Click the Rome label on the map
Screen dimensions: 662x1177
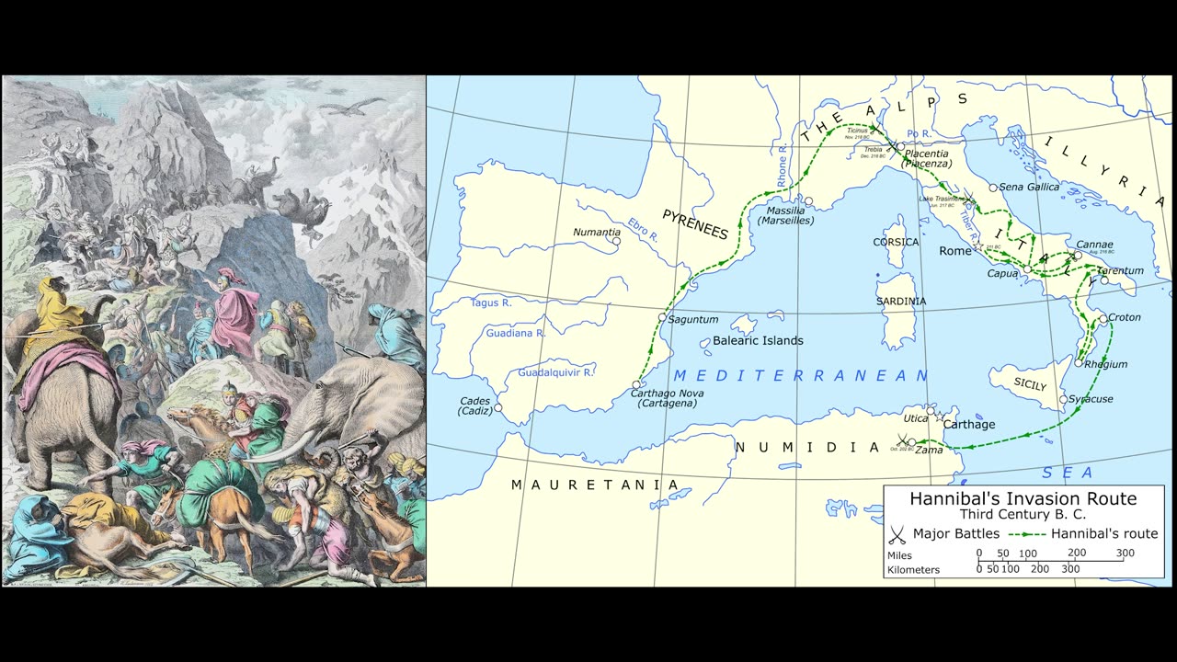click(x=955, y=251)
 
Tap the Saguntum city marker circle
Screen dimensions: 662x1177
click(x=662, y=317)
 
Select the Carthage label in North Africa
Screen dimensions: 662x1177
click(x=968, y=425)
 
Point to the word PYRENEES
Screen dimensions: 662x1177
click(x=695, y=225)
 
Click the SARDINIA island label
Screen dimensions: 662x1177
click(x=901, y=302)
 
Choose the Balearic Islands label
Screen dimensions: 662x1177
click(x=758, y=341)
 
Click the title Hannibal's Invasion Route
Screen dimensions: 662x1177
click(x=1023, y=499)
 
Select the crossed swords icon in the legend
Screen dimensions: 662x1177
click(x=898, y=534)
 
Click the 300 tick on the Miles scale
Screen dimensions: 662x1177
click(x=1125, y=554)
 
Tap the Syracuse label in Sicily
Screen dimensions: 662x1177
click(x=1091, y=399)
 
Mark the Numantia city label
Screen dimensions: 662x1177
click(x=596, y=232)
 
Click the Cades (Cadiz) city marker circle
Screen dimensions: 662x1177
click(x=498, y=406)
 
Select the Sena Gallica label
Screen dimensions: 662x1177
click(x=1030, y=187)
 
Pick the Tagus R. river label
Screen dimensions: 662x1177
click(x=491, y=302)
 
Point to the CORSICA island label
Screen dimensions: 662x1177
click(x=896, y=243)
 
